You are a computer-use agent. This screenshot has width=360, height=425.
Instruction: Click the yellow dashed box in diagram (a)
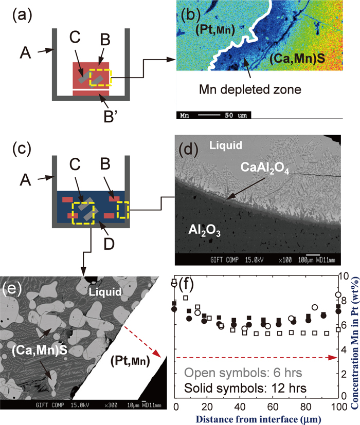[100, 78]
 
